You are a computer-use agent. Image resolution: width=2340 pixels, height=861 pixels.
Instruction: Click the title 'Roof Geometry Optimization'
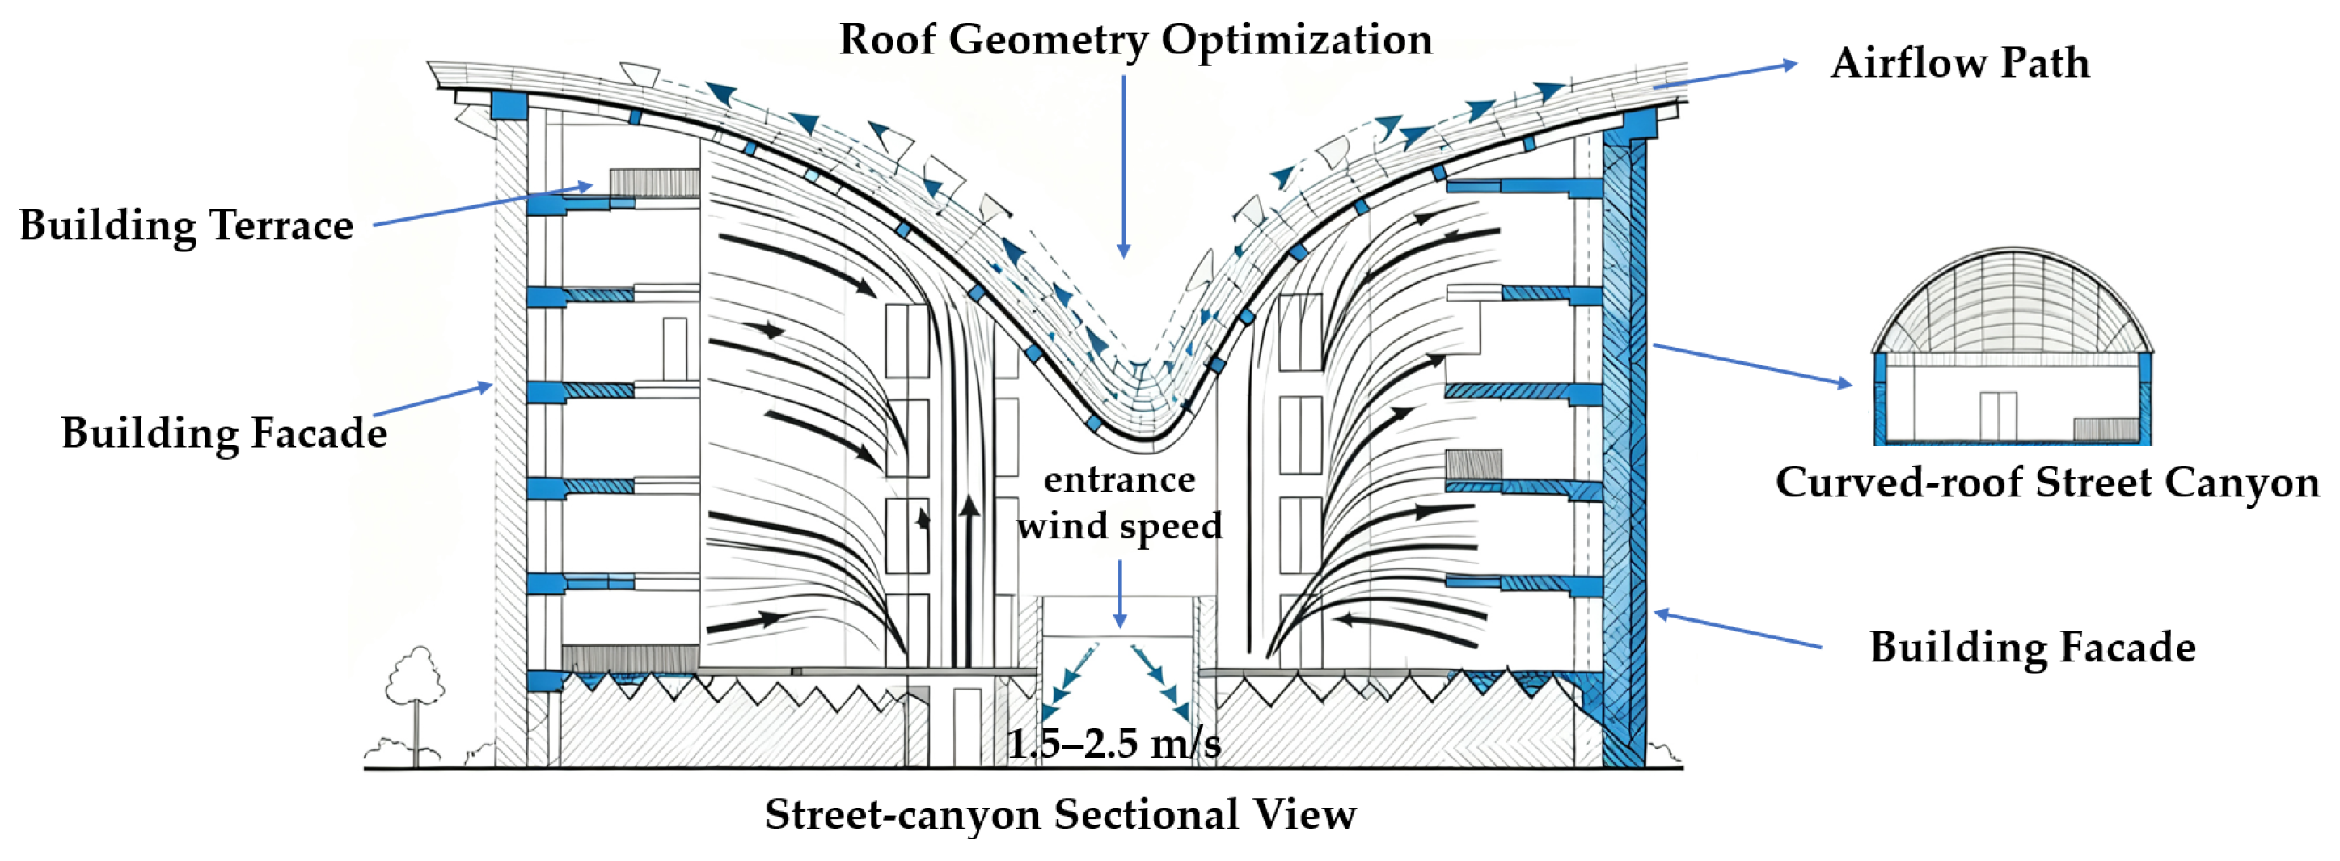pyautogui.click(x=1134, y=40)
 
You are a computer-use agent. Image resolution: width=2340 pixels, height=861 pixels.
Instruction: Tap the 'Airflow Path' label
pyautogui.click(x=1959, y=64)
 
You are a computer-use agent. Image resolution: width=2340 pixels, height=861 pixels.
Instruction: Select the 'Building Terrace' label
pyautogui.click(x=186, y=226)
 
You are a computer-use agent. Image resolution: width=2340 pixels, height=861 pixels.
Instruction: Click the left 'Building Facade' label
pyautogui.click(x=223, y=433)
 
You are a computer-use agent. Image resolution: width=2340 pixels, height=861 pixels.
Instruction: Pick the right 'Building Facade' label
pyautogui.click(x=2032, y=648)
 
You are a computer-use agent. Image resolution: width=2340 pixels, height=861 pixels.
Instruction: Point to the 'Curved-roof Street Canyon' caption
pyautogui.click(x=2047, y=483)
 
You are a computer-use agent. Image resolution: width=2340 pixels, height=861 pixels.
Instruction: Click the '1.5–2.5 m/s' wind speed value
pyautogui.click(x=1113, y=744)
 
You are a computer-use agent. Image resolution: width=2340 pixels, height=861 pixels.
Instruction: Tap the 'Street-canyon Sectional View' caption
pyautogui.click(x=1060, y=814)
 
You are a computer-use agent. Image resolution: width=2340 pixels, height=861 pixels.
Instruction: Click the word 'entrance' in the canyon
pyautogui.click(x=1119, y=479)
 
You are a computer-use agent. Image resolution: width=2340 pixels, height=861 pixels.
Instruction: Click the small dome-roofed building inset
pyautogui.click(x=2012, y=350)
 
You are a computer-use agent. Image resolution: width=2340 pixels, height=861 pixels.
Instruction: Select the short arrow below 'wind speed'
pyautogui.click(x=1120, y=594)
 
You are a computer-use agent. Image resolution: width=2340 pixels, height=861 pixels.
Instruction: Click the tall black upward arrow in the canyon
pyautogui.click(x=969, y=581)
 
